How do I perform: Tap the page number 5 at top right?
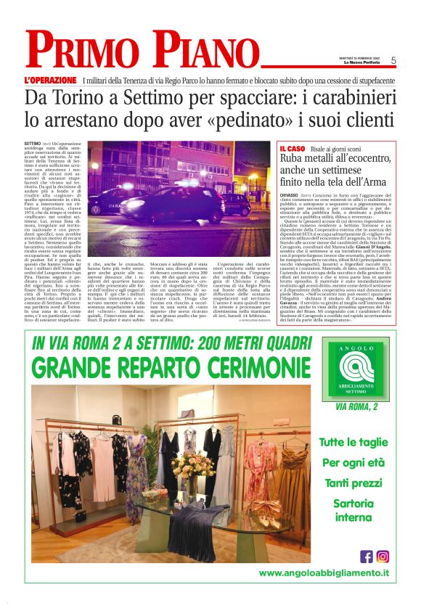coord(393,61)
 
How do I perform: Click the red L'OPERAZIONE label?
coord(50,79)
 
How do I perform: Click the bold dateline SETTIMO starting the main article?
coord(33,145)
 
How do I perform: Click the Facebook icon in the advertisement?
coord(367,556)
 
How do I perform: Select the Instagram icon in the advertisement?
coord(383,556)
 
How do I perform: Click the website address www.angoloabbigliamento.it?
coord(324,573)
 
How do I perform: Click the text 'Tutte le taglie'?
coord(354,442)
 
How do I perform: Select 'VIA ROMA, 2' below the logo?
coord(356,407)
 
